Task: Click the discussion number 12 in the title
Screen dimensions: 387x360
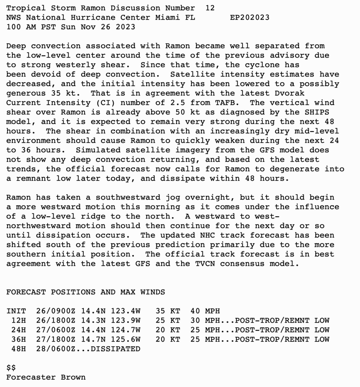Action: coord(210,8)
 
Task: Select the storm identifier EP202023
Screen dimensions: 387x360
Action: coord(250,17)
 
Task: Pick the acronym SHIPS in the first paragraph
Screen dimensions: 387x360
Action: coord(316,112)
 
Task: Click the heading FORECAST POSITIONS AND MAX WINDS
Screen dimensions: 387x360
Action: coord(86,292)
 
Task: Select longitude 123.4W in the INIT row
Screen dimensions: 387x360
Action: coord(125,311)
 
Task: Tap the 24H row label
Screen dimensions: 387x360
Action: coord(19,330)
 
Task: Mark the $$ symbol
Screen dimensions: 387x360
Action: coord(11,368)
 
